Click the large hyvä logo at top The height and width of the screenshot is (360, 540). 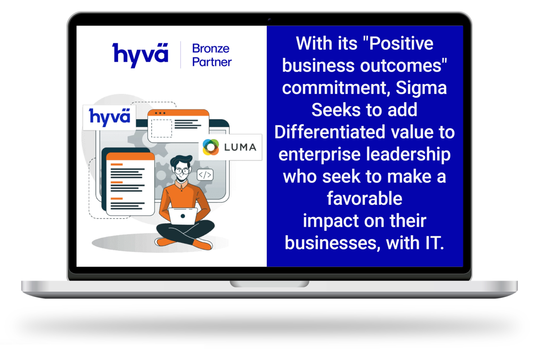click(140, 55)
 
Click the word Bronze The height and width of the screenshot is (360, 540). click(211, 48)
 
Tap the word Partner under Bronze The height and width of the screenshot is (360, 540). click(212, 62)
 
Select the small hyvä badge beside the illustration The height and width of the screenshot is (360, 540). click(109, 117)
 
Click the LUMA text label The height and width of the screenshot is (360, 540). click(240, 147)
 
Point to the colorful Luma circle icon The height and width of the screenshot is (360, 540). click(211, 147)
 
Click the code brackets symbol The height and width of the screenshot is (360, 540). click(205, 175)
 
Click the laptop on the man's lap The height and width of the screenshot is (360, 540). click(183, 216)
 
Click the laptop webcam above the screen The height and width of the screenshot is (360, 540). click(269, 20)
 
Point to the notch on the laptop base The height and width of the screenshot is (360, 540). click(269, 284)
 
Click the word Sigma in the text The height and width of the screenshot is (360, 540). click(421, 88)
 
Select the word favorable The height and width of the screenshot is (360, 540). click(364, 199)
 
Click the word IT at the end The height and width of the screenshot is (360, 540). click(434, 243)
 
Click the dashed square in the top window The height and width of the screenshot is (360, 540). click(161, 128)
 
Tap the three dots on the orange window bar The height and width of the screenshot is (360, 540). click(160, 113)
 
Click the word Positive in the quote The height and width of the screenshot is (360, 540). click(401, 44)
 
